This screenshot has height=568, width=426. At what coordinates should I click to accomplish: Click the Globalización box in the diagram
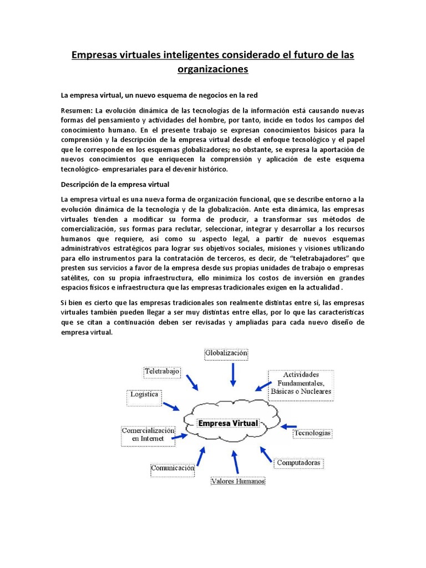pyautogui.click(x=226, y=353)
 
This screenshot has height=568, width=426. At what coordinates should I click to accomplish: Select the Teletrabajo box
pyautogui.click(x=161, y=371)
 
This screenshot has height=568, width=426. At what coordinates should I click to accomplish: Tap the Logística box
pyautogui.click(x=144, y=395)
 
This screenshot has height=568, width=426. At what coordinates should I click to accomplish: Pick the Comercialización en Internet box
pyautogui.click(x=148, y=434)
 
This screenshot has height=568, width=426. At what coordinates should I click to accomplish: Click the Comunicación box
pyautogui.click(x=173, y=469)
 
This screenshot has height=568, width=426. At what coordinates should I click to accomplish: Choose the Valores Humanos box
pyautogui.click(x=238, y=481)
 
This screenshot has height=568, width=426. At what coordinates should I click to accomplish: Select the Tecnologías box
pyautogui.click(x=313, y=432)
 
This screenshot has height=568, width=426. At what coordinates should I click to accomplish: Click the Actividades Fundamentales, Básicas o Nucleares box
pyautogui.click(x=301, y=383)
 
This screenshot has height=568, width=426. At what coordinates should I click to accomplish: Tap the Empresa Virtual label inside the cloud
pyautogui.click(x=229, y=423)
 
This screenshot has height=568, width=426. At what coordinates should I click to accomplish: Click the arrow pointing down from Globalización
pyautogui.click(x=233, y=374)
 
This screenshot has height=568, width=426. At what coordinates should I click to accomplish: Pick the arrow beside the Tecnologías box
pyautogui.click(x=288, y=427)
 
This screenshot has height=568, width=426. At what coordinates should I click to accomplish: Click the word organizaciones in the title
pyautogui.click(x=213, y=69)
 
